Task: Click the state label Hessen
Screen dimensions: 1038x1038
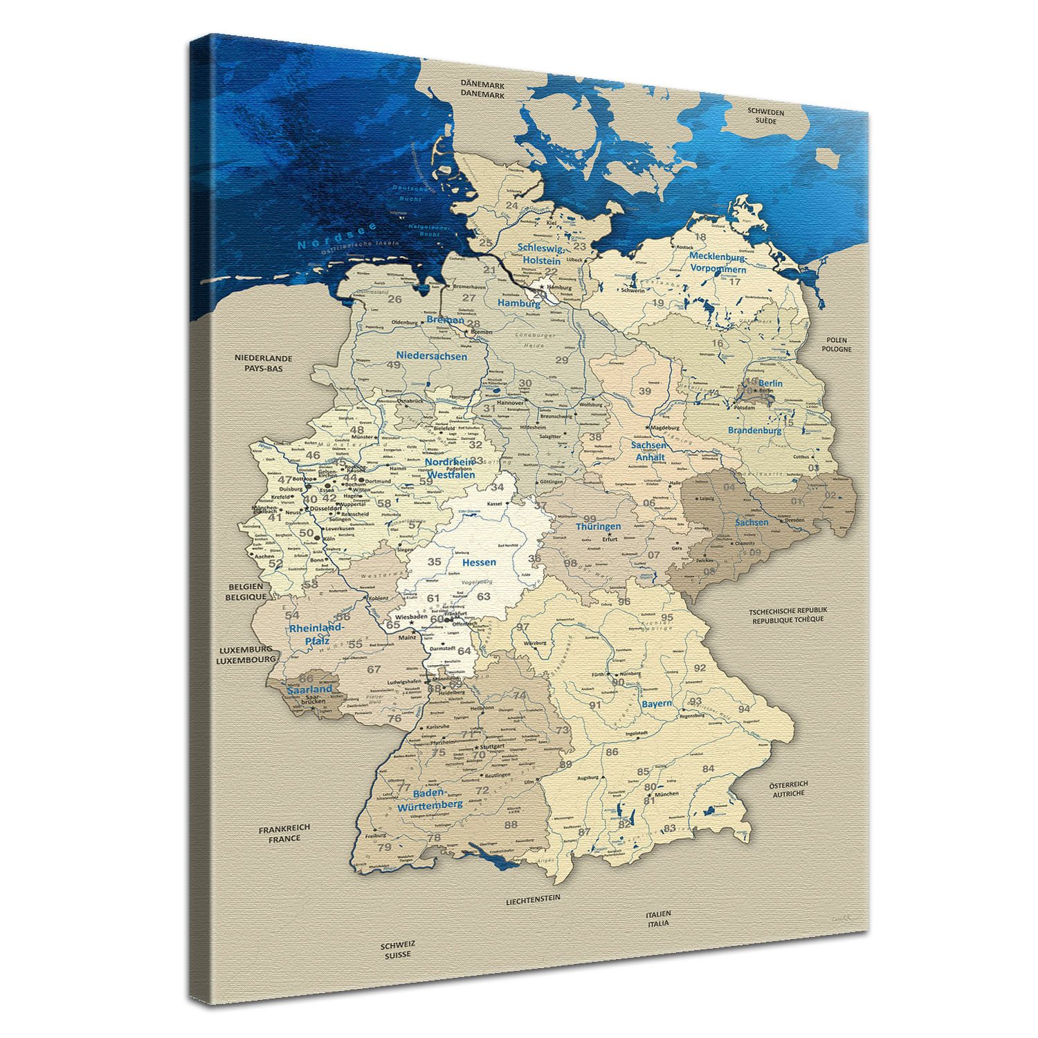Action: coord(479,562)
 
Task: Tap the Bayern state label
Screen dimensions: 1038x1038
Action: coord(656,704)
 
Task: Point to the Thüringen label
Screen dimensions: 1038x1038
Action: coord(599,526)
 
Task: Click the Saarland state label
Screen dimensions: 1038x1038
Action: coord(311,689)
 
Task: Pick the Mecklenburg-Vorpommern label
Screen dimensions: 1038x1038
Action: coord(717,262)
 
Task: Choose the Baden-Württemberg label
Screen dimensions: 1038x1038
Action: coord(430,800)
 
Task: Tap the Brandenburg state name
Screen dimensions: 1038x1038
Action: coord(754,430)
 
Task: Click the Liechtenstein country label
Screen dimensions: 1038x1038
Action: coord(532,898)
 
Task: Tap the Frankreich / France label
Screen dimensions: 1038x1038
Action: coord(284,832)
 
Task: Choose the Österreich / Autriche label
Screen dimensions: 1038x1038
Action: coord(788,789)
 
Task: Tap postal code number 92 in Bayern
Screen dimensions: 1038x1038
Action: coord(700,668)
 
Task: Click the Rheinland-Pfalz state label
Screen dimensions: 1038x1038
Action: coord(316,633)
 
